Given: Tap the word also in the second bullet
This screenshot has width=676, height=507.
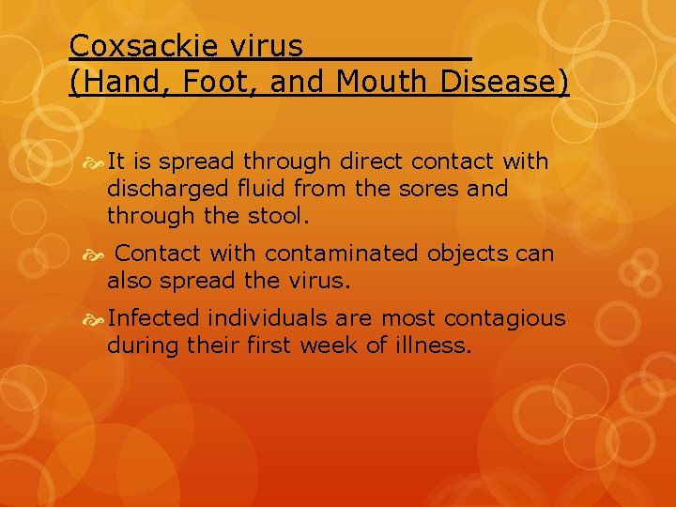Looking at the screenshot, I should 131,280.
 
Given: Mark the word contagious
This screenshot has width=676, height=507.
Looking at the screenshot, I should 507,318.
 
